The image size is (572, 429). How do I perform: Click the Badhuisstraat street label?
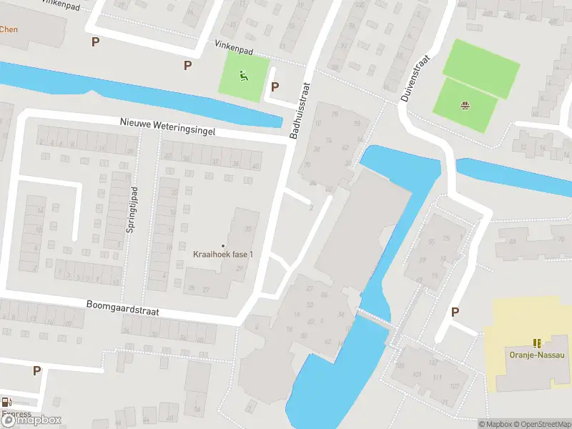click(302, 109)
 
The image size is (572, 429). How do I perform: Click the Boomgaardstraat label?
click(122, 308)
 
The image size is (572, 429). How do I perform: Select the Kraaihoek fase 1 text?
click(223, 255)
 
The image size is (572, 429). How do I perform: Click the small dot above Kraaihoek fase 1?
click(223, 245)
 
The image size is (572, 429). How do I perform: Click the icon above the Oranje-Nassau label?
click(537, 343)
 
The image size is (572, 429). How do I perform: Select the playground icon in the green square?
click(244, 75)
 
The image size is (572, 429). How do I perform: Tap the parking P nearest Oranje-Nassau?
click(455, 312)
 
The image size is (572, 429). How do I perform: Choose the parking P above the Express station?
click(36, 370)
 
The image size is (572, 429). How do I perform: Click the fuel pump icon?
click(7, 403)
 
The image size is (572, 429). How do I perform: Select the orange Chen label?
click(9, 29)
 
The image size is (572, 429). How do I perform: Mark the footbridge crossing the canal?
click(375, 317)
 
